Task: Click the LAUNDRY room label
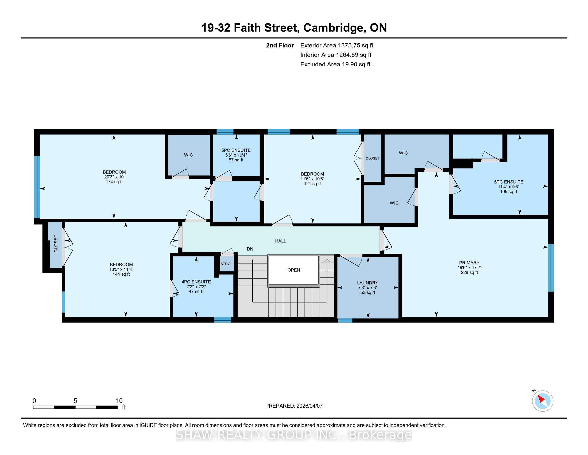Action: (367, 283)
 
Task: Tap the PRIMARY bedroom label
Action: (469, 263)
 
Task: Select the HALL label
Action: (281, 241)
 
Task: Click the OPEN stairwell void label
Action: (293, 270)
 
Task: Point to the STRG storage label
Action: (225, 264)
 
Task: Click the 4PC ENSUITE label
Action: (196, 282)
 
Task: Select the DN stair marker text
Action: (250, 249)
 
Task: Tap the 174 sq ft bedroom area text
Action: (114, 182)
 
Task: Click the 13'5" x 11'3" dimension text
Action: (121, 269)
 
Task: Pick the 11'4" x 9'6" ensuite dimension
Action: (508, 187)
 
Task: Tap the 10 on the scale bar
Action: (119, 401)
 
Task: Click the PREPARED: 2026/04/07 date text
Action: (294, 406)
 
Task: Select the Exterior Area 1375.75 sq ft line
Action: (337, 45)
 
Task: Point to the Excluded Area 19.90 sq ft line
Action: (335, 64)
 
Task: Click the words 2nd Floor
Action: (280, 45)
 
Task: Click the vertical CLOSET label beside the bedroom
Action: (56, 244)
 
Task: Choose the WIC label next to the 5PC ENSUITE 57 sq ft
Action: (188, 155)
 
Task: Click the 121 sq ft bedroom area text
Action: (312, 184)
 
